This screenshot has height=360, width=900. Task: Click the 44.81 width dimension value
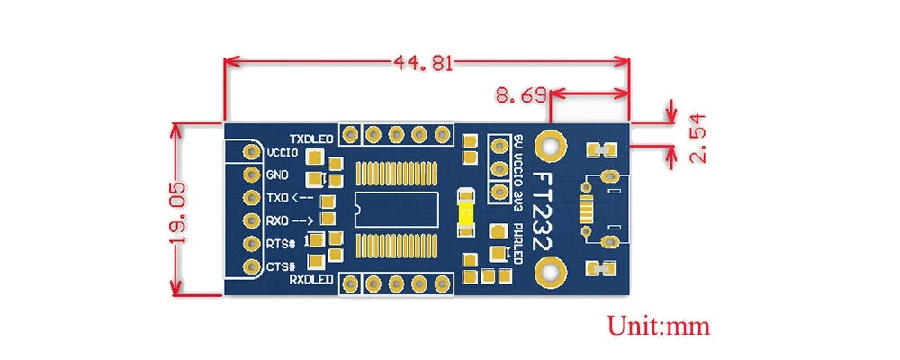[423, 62]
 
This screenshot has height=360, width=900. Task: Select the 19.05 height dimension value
[179, 213]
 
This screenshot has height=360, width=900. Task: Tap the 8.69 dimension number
[521, 95]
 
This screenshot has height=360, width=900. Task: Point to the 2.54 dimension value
[698, 139]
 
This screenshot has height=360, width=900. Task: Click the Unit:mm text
[659, 326]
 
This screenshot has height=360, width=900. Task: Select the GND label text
[278, 175]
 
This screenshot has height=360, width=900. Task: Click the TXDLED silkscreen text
[311, 139]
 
